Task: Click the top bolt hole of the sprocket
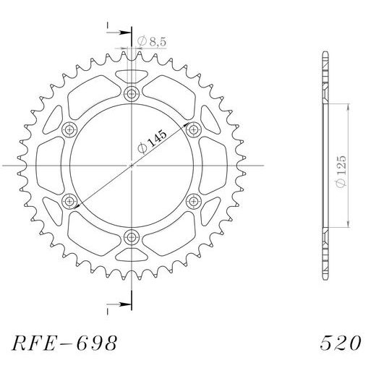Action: click(x=132, y=93)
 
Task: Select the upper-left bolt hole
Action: click(x=70, y=129)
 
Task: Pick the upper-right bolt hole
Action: click(x=193, y=129)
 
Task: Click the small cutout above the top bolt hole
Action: click(x=132, y=74)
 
